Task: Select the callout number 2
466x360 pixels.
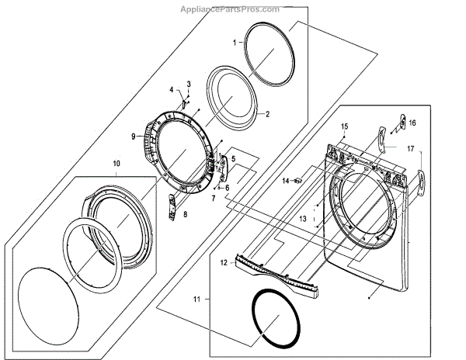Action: tap(267, 114)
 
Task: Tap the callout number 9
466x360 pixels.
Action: tap(134, 137)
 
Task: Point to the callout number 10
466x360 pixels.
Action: tap(116, 164)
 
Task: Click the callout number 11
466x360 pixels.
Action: tap(196, 298)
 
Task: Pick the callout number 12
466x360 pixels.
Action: tap(223, 263)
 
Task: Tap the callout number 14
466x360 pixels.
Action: tap(285, 181)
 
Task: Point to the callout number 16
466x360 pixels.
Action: tap(413, 123)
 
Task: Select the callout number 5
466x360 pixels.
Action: tap(232, 159)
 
